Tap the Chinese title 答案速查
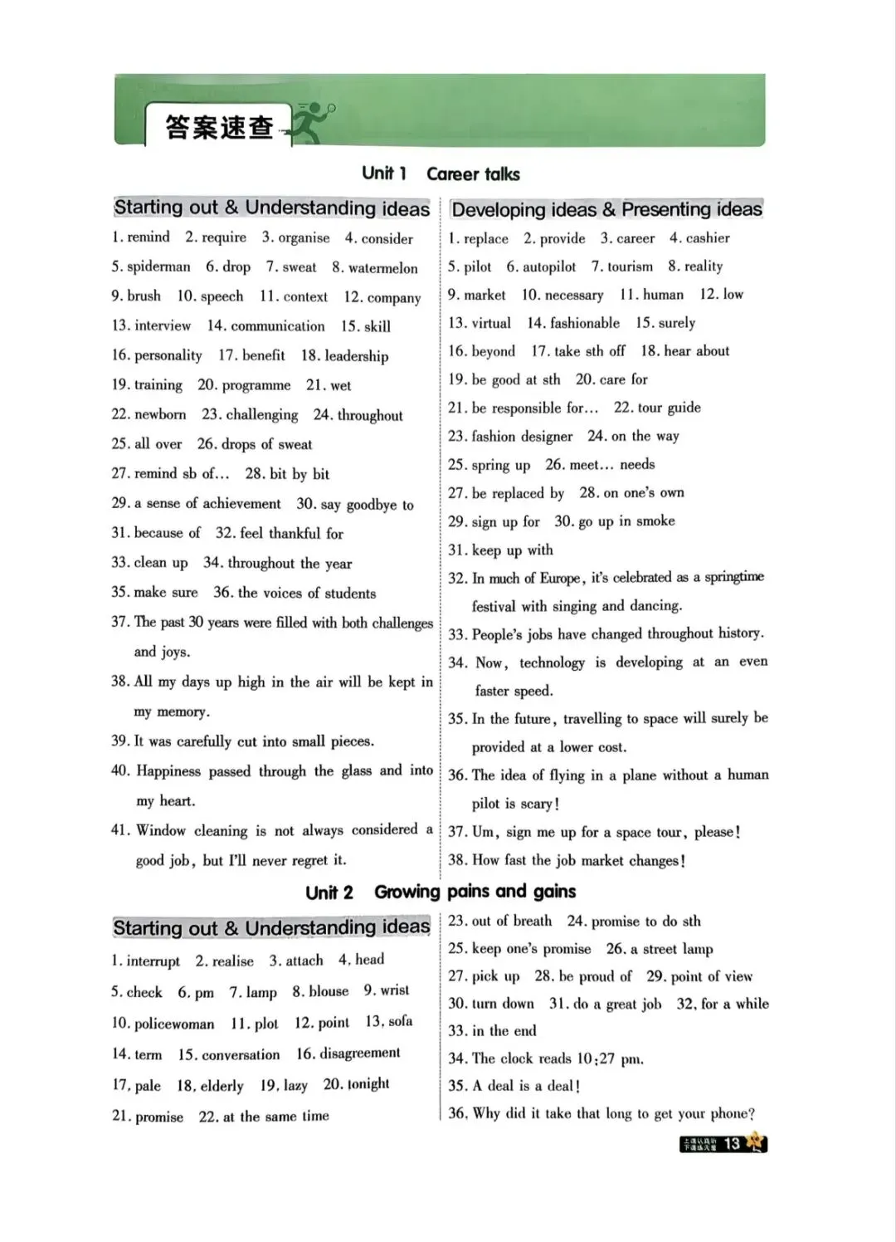click(219, 127)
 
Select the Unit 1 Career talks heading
click(441, 174)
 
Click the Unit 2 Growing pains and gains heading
click(441, 892)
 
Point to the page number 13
click(732, 1143)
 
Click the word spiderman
click(158, 266)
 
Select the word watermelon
click(382, 267)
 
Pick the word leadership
click(356, 355)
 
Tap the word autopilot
click(548, 266)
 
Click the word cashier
click(708, 238)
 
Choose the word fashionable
click(585, 323)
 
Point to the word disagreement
click(359, 1054)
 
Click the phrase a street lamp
click(670, 949)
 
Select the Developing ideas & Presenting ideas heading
click(606, 209)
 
